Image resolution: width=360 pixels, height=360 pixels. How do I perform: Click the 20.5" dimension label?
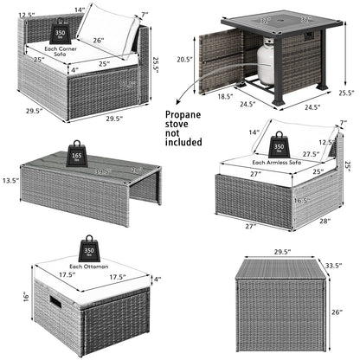click(x=183, y=59)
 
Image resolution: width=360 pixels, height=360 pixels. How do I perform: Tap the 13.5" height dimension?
click(x=11, y=180)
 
